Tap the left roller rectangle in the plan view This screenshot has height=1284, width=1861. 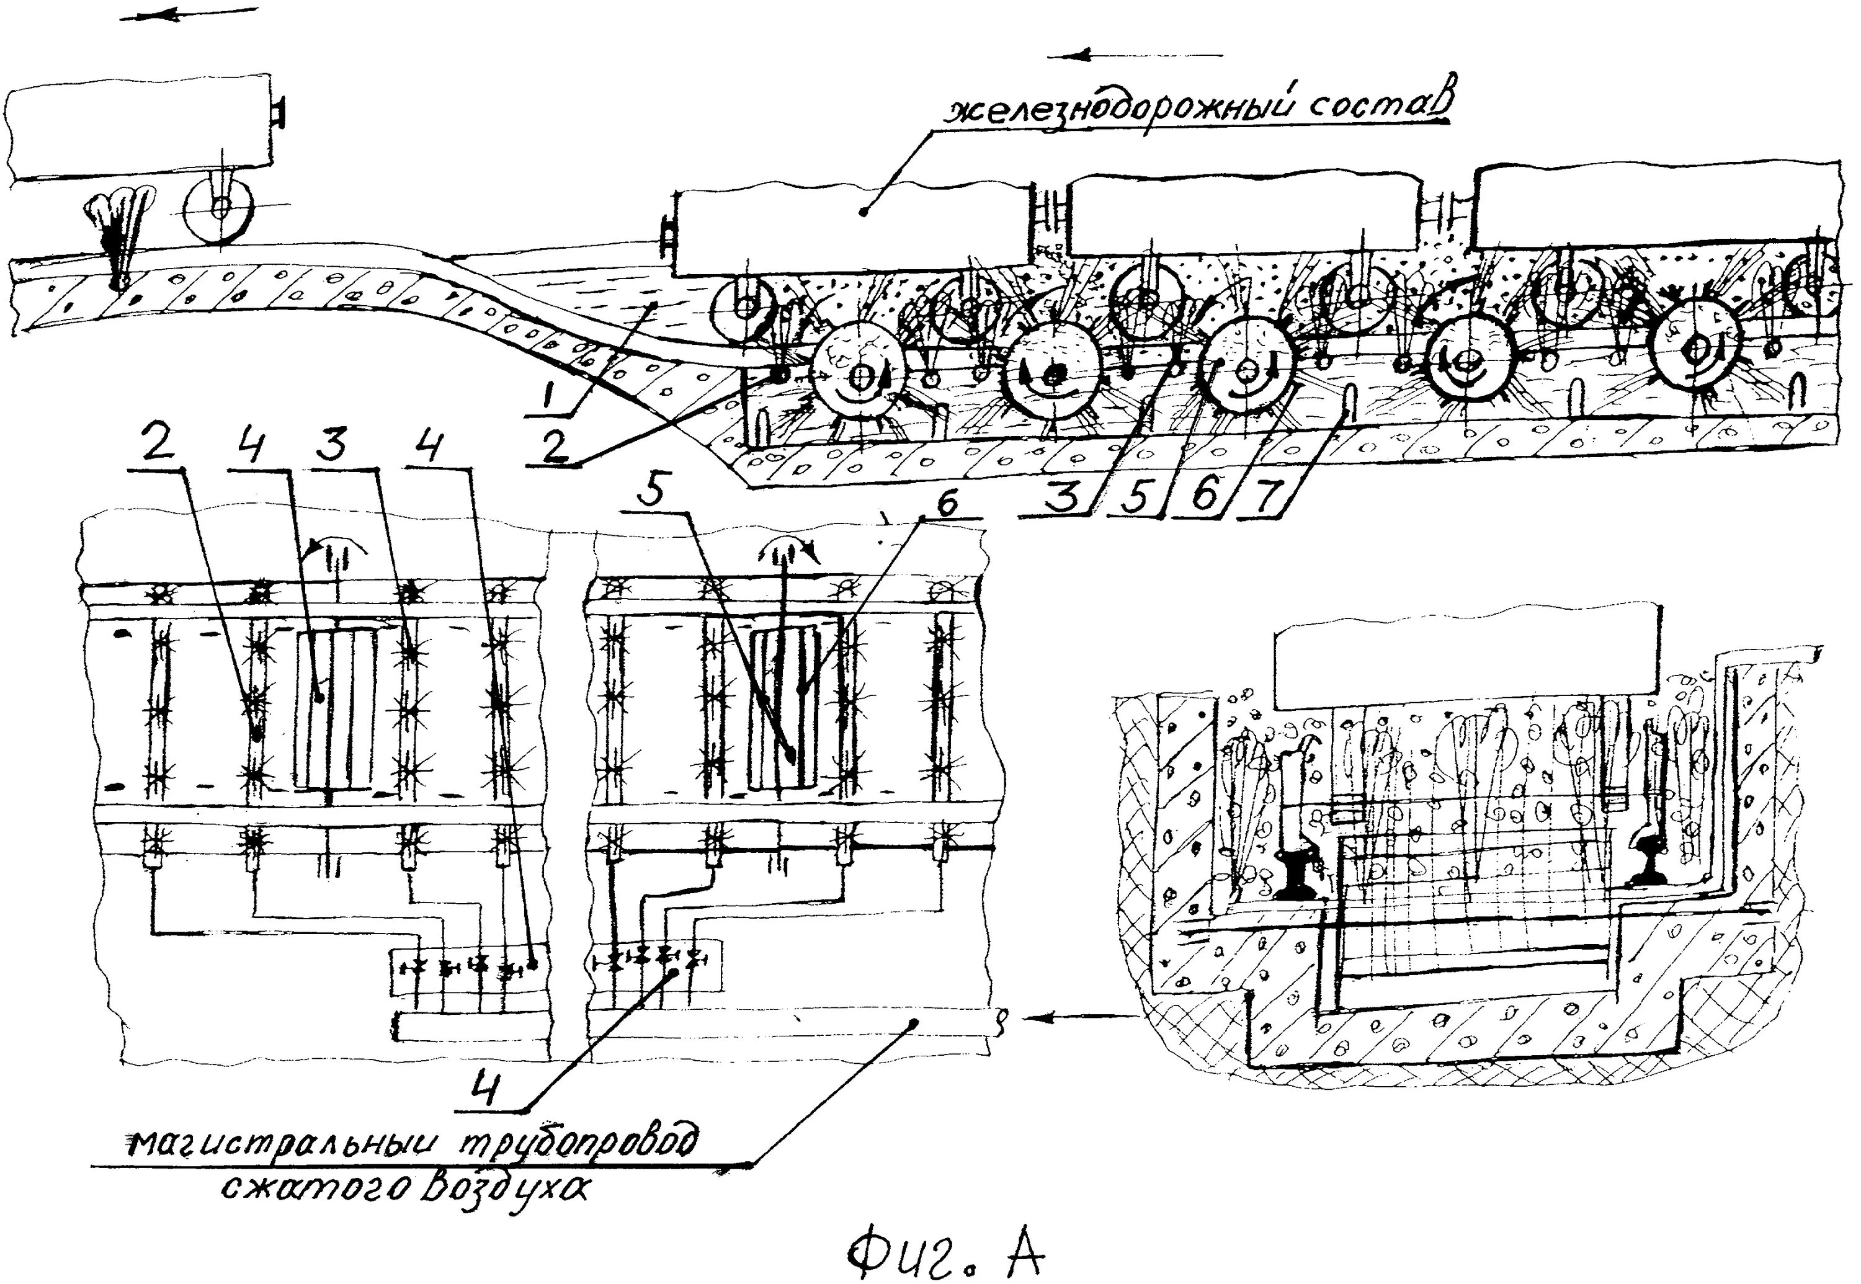335,708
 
